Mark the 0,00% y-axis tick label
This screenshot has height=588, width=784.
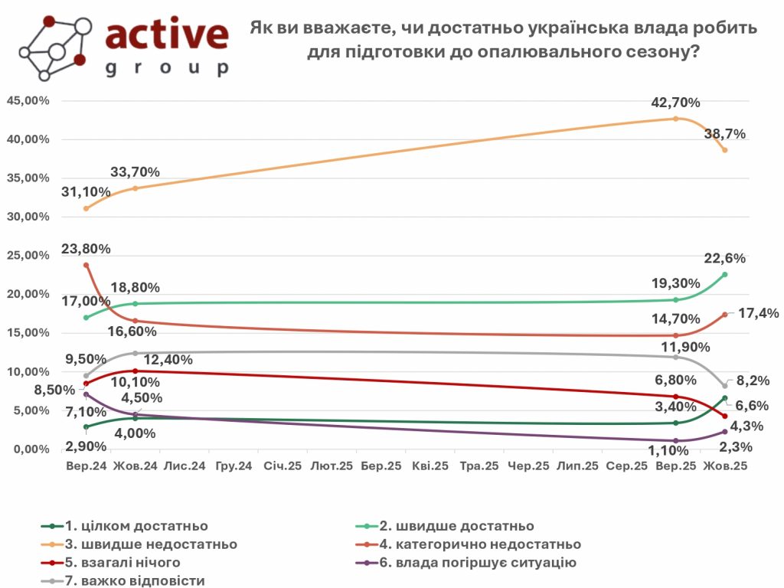[x=31, y=449]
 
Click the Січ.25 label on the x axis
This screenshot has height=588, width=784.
[x=283, y=465]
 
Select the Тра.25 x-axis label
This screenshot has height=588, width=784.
[x=480, y=465]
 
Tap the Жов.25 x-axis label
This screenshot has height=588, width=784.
[x=725, y=465]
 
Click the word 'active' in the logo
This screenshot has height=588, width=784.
[x=166, y=35]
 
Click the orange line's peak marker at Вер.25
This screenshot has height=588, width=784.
[x=675, y=119]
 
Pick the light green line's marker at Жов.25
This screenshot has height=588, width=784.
[x=725, y=274]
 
